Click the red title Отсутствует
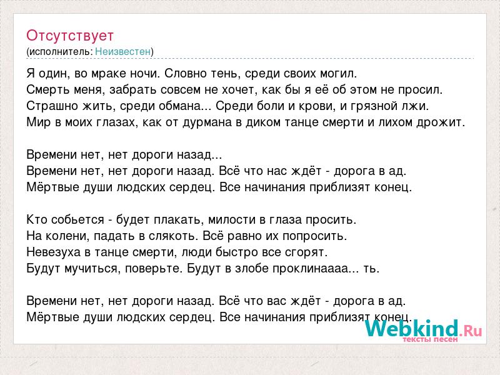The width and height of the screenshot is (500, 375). [70, 36]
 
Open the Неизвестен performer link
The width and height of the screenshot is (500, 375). [122, 51]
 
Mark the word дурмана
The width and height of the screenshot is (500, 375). [207, 122]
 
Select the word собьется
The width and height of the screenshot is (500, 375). [77, 220]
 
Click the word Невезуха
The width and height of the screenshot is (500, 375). [54, 252]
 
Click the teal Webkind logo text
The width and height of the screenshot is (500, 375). [412, 328]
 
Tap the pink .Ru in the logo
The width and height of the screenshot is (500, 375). [471, 330]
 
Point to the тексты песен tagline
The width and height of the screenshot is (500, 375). [430, 339]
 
